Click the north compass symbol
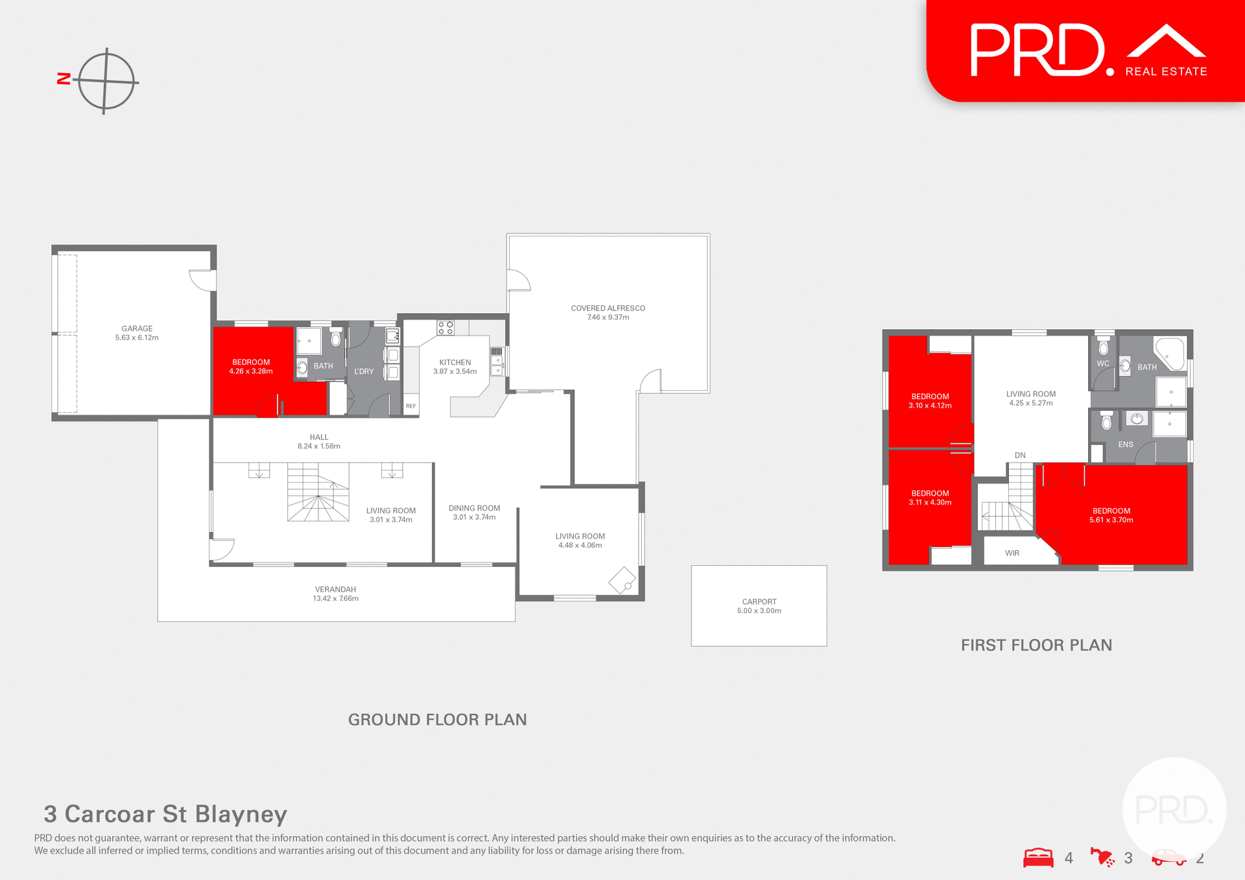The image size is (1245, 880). (105, 82)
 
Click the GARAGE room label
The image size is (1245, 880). (137, 329)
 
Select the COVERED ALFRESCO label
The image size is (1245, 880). (608, 308)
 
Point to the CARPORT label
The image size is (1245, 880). (759, 602)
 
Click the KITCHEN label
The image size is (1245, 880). (455, 363)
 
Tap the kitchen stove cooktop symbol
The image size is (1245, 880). (445, 328)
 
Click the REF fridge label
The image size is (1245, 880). (410, 406)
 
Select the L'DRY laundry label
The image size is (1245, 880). (364, 372)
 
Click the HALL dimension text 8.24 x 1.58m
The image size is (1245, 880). (318, 446)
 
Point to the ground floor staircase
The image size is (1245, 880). (318, 492)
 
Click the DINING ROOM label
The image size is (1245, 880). (474, 509)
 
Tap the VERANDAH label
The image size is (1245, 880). (335, 590)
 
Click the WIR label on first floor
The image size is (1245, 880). (1012, 553)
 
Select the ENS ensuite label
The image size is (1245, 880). (1126, 445)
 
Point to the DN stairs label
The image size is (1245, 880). (1020, 456)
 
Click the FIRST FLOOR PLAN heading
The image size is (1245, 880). (1036, 645)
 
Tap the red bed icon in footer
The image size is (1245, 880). (1038, 858)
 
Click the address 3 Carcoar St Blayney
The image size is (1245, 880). (165, 814)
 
